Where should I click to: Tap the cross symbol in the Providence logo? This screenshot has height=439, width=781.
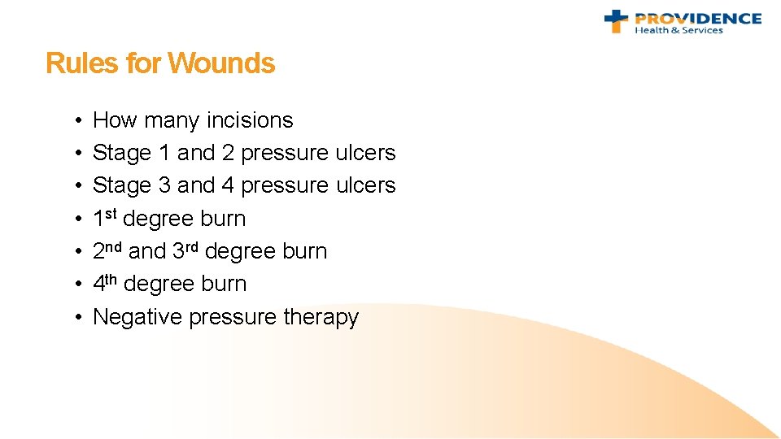tap(616, 20)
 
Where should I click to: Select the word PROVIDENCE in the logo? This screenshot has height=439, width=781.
tap(698, 18)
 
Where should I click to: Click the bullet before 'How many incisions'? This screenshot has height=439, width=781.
tap(74, 121)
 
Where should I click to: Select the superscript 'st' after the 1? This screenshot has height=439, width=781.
tap(112, 214)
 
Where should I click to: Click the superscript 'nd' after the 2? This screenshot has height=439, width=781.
tap(116, 246)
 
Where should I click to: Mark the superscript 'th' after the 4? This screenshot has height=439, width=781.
tap(113, 279)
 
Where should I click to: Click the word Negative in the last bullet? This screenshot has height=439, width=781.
tap(137, 317)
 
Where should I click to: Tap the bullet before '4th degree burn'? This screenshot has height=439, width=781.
tap(74, 285)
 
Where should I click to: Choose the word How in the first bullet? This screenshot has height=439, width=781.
tap(116, 120)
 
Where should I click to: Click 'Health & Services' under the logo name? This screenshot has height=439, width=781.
tap(678, 31)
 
